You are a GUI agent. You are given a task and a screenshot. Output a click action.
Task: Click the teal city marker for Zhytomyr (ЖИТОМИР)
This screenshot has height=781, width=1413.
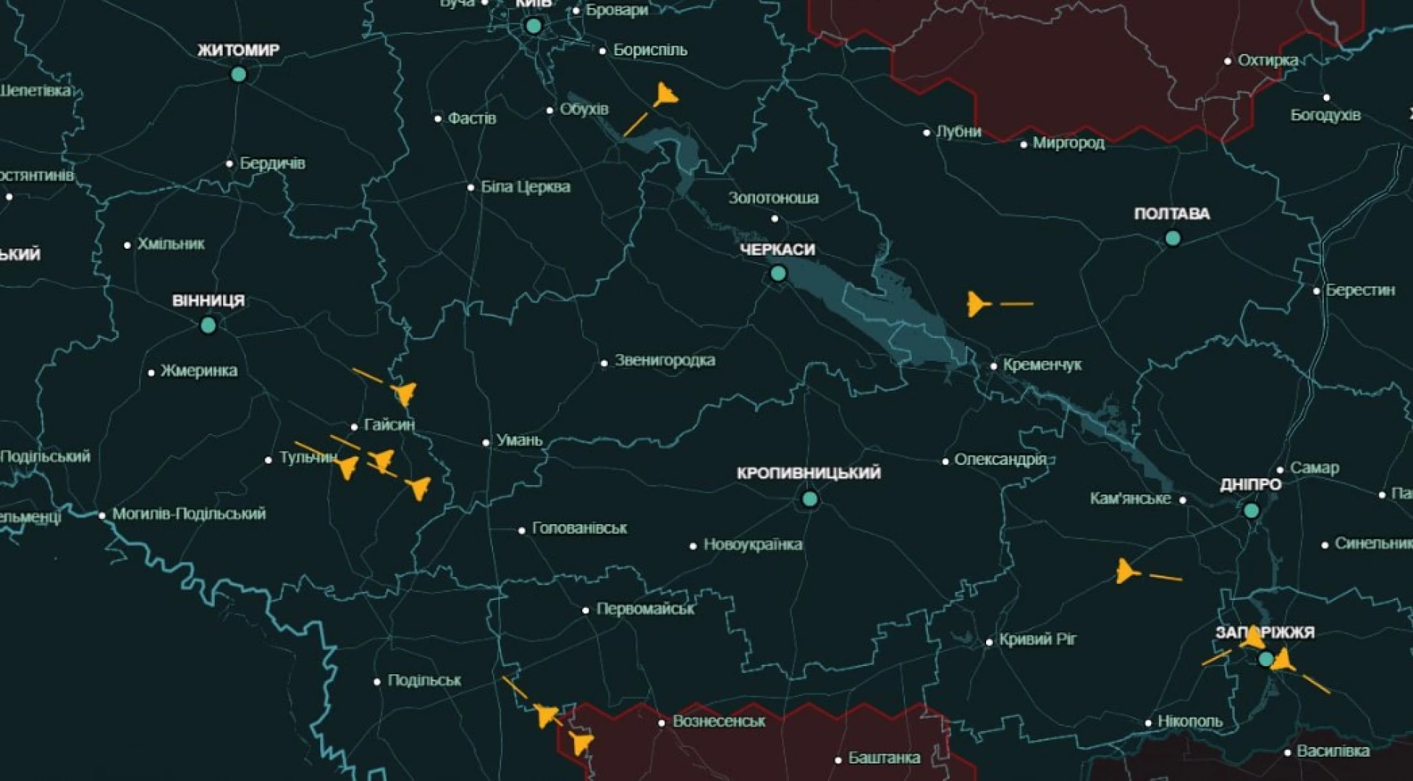(x=238, y=74)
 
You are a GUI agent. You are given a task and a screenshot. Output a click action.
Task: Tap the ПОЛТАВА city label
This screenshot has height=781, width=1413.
(x=1172, y=214)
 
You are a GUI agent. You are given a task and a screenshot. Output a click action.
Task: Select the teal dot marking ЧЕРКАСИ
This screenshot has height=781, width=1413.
(x=778, y=274)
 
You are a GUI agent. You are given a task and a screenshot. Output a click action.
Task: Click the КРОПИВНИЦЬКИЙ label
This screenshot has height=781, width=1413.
(x=808, y=473)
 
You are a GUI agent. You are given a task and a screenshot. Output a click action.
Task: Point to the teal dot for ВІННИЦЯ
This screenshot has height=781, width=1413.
(x=208, y=325)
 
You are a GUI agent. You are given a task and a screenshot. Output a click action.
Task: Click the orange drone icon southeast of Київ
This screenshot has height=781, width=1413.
(x=666, y=95)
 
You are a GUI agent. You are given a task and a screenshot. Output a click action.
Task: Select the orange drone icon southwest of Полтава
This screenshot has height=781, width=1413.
(x=977, y=303)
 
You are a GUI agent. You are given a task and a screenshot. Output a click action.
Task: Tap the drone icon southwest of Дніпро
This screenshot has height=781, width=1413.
(x=1126, y=571)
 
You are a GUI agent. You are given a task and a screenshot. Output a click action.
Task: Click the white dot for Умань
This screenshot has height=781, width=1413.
(x=486, y=442)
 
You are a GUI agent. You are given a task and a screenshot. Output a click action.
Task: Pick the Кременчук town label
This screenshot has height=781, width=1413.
(x=1042, y=365)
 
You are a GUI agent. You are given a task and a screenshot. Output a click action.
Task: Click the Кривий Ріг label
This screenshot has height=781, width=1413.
(x=1037, y=640)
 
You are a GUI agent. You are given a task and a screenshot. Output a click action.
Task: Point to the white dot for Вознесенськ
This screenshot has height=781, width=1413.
(x=662, y=723)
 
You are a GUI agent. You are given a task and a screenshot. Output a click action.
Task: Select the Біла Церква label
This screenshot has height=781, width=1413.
(x=525, y=187)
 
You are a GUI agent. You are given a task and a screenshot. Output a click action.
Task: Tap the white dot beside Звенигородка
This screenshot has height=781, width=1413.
(x=604, y=363)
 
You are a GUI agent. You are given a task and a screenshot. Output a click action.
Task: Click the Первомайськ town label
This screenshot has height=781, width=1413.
(x=645, y=609)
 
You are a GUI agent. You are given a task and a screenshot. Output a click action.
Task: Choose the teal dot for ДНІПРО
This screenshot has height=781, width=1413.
(x=1251, y=510)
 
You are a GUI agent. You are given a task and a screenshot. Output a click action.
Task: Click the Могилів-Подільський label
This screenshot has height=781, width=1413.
(x=188, y=514)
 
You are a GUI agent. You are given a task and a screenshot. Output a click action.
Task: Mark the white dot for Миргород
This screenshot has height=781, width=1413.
(x=1024, y=144)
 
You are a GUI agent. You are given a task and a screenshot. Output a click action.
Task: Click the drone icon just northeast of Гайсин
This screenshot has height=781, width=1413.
(x=404, y=393)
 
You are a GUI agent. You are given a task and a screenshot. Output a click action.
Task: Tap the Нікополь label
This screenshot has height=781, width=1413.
(x=1190, y=721)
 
